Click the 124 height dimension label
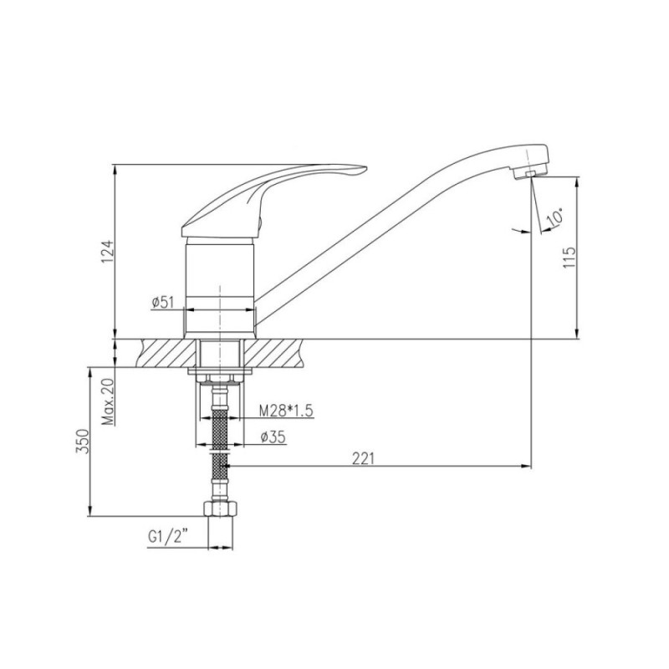click(108, 253)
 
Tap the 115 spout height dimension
click(569, 257)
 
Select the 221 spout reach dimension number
click(363, 458)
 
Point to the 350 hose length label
click(82, 442)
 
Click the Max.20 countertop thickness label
click(109, 401)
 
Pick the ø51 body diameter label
click(162, 302)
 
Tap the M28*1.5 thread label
click(286, 411)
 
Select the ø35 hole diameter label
click(273, 437)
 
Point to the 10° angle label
click(555, 217)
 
